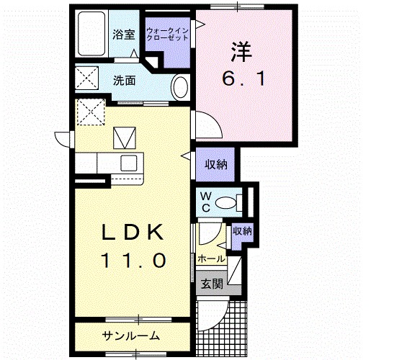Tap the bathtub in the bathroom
coord(91,34)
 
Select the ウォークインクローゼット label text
coord(167,33)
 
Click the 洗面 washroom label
coord(124,81)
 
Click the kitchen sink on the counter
coord(130,162)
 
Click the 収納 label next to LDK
coord(215,165)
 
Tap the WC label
coord(205,202)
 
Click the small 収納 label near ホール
coord(242,231)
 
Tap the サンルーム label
coord(130,336)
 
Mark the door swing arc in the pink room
coord(204,123)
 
